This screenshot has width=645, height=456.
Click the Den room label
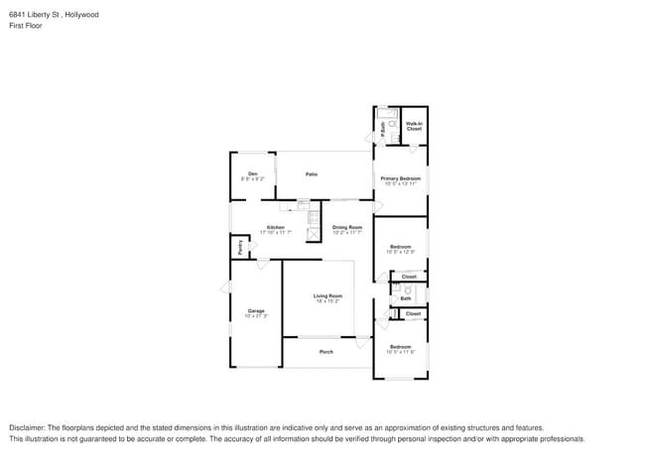253,174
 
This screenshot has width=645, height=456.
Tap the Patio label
312,174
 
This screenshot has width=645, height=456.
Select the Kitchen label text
276,227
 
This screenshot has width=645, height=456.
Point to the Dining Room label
347,227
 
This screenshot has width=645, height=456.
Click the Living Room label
327,295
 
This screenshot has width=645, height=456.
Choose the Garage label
256,311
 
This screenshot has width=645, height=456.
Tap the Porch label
325,352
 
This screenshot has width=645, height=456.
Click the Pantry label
238,246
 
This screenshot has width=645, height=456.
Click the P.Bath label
384,128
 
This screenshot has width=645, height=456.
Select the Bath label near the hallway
406,298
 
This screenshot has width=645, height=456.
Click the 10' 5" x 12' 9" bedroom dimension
401,252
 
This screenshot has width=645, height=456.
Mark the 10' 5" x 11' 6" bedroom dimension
400,351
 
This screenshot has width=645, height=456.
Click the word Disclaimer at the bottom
29,427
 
